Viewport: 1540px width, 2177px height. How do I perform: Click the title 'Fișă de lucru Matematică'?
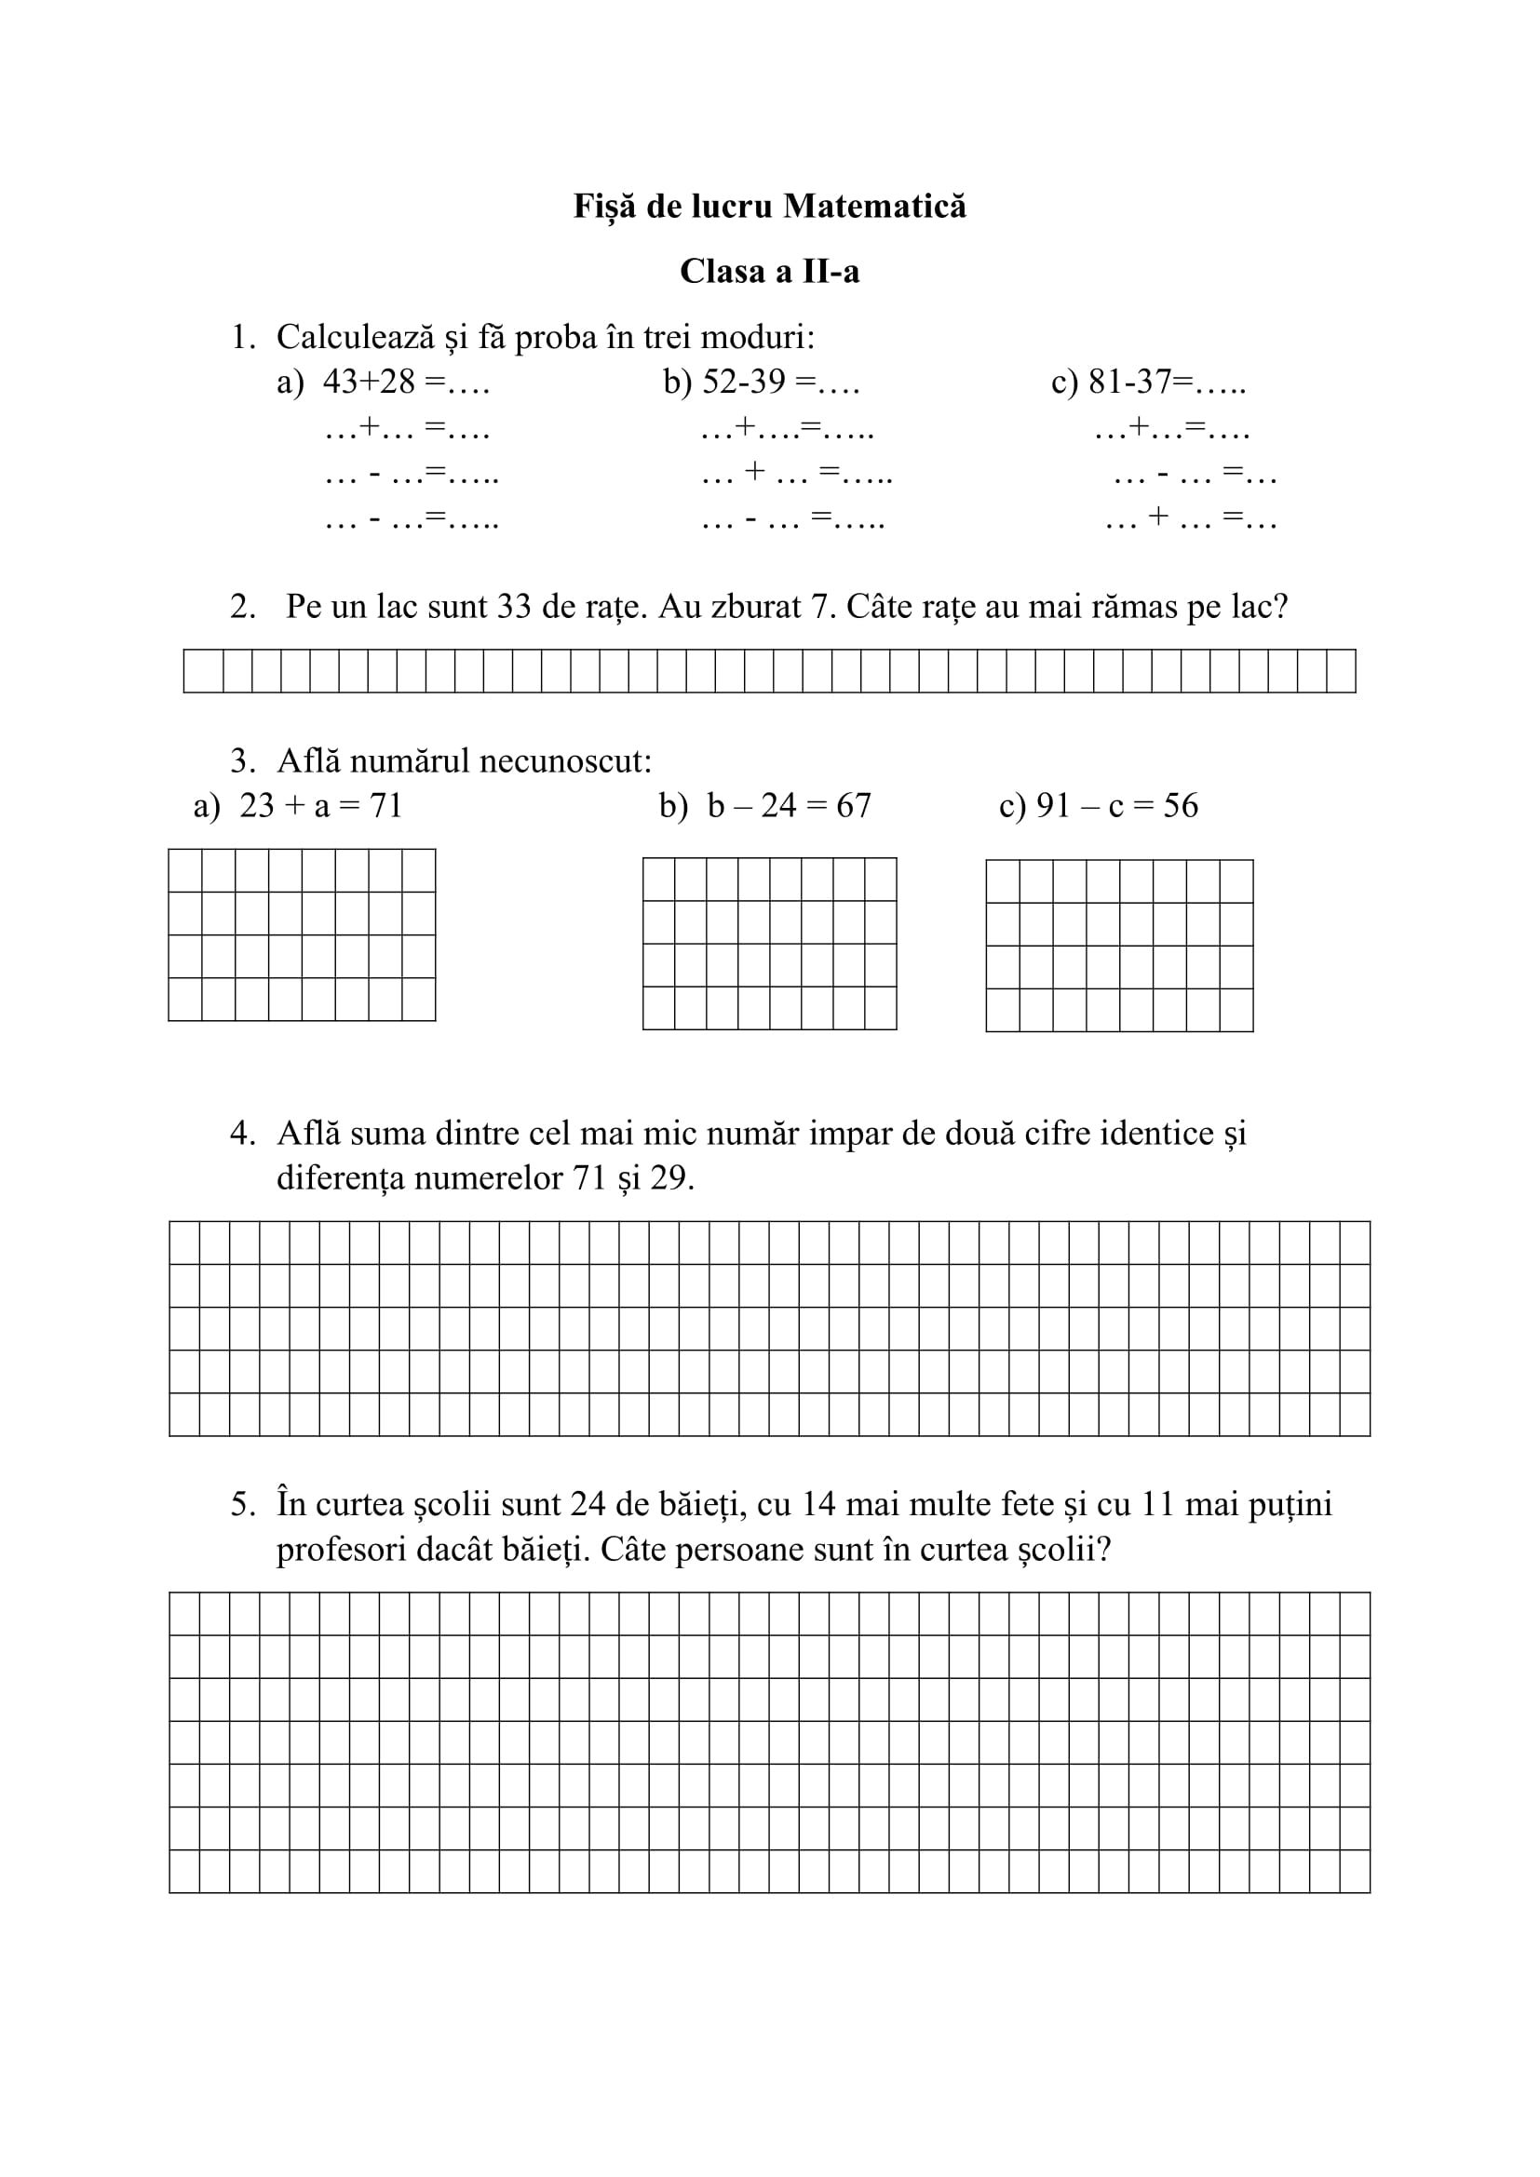tap(769, 207)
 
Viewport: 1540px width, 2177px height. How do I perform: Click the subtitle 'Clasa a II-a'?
tap(769, 272)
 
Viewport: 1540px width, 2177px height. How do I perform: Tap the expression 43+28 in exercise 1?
tap(369, 383)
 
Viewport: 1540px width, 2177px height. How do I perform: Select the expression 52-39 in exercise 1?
tap(745, 383)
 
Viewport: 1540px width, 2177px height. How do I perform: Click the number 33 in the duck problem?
tap(513, 607)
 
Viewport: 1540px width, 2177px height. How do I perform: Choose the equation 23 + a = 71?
tap(320, 806)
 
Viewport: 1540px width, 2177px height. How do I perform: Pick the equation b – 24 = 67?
tap(789, 806)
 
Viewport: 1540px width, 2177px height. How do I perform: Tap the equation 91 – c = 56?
tap(1117, 806)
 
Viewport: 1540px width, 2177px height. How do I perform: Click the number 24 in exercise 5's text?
tap(588, 1505)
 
